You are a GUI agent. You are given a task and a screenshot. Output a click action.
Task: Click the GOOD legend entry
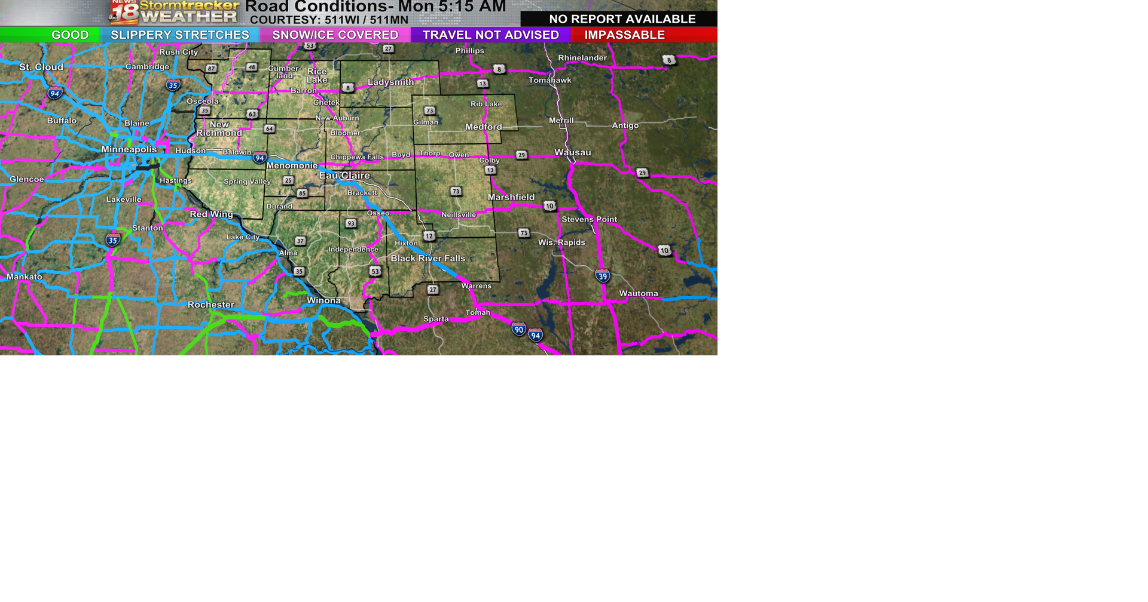point(69,35)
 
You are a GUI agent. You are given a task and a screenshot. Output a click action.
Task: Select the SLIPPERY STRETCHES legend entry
point(179,35)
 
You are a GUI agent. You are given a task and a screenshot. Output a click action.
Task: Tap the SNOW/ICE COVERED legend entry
point(335,35)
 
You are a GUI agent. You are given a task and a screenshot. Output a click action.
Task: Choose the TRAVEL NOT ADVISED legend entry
point(490,35)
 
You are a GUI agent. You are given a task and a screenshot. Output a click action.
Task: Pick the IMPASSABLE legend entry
point(624,35)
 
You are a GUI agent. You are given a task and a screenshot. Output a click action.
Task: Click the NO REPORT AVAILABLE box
point(622,19)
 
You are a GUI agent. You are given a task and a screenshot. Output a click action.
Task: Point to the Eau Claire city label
point(344,176)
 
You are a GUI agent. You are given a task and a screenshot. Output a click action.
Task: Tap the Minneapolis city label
point(129,149)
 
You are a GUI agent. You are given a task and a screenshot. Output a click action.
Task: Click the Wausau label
point(572,152)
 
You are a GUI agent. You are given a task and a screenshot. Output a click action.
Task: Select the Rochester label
point(210,305)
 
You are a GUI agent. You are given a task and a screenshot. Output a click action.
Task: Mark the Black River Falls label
point(428,258)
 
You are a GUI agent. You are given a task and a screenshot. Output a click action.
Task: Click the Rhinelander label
point(582,58)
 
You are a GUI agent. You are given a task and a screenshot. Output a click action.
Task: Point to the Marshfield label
point(511,197)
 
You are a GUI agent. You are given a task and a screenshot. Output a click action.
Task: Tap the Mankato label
point(25,277)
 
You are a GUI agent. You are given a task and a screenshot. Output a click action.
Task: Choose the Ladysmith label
point(390,82)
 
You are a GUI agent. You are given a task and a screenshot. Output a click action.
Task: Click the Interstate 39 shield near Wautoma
point(603,276)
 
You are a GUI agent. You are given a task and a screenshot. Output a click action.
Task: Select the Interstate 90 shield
point(518,329)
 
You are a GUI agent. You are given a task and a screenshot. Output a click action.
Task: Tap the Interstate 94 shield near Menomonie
point(259,158)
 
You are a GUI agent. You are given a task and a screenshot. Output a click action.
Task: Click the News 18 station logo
point(124,12)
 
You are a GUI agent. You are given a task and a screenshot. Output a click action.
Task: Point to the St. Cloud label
point(41,67)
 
